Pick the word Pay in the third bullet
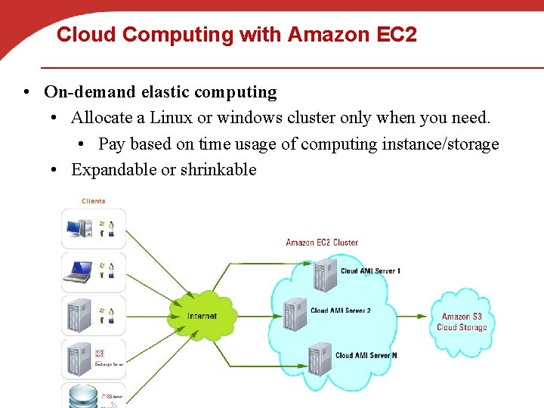click(113, 144)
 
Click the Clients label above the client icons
click(94, 201)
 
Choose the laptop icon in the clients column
click(78, 271)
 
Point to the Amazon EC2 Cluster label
click(322, 243)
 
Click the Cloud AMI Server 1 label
click(370, 271)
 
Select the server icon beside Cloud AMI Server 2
click(294, 312)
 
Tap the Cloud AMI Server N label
click(366, 355)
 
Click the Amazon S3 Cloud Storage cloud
click(462, 322)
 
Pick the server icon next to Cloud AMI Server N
click(320, 356)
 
